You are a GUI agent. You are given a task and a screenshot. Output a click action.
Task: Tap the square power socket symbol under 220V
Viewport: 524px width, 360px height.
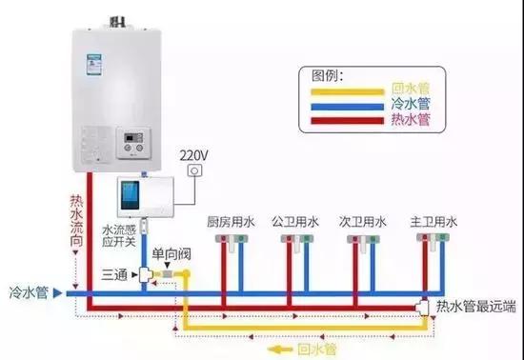pyautogui.click(x=196, y=171)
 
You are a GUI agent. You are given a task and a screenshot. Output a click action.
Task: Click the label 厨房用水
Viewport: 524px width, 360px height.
pyautogui.click(x=232, y=221)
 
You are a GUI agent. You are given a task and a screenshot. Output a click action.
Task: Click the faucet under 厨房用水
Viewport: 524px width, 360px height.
pyautogui.click(x=227, y=245)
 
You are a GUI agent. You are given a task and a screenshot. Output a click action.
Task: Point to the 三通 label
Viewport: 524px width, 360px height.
pyautogui.click(x=115, y=274)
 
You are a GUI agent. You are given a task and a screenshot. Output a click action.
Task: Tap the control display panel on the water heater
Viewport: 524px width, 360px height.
pyautogui.click(x=131, y=145)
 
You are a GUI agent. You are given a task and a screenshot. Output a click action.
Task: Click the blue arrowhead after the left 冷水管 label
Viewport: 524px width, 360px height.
pyautogui.click(x=58, y=290)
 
